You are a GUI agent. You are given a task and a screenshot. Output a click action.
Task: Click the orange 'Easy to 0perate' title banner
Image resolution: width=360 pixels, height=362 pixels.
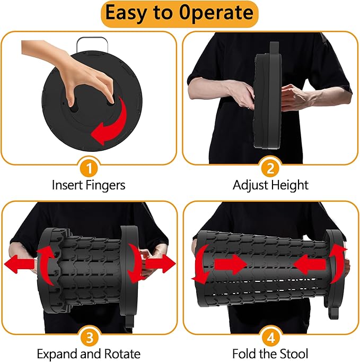pos(179,14)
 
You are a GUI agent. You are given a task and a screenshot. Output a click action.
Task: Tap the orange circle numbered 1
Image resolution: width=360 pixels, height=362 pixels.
pos(89,168)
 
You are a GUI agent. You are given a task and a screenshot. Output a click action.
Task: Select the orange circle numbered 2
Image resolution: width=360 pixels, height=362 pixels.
pos(270,168)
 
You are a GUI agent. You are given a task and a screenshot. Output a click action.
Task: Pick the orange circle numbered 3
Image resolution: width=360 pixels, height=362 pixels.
pos(89,337)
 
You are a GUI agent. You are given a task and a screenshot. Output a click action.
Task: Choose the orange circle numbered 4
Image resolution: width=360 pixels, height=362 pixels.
pos(270,337)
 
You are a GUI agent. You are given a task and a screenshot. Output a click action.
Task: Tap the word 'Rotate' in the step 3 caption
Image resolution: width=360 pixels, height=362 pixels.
pos(122,354)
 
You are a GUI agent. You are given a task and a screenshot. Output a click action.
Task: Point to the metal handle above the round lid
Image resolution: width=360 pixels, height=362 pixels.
pos(92,45)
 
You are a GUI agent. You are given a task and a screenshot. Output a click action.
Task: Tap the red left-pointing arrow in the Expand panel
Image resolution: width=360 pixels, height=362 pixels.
pos(20,264)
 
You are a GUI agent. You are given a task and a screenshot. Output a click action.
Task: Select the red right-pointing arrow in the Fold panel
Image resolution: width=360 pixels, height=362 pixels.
pos(231,264)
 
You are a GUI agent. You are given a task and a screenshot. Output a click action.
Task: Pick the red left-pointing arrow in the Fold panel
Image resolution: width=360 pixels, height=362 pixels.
pos(310,264)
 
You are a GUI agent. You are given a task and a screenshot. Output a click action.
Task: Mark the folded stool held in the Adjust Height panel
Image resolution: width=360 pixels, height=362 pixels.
pos(268,96)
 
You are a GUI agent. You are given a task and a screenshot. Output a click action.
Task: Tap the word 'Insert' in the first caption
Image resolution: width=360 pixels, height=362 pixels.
pos(67,185)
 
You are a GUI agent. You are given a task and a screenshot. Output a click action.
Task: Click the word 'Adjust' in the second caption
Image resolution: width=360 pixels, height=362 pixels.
pos(250,185)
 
